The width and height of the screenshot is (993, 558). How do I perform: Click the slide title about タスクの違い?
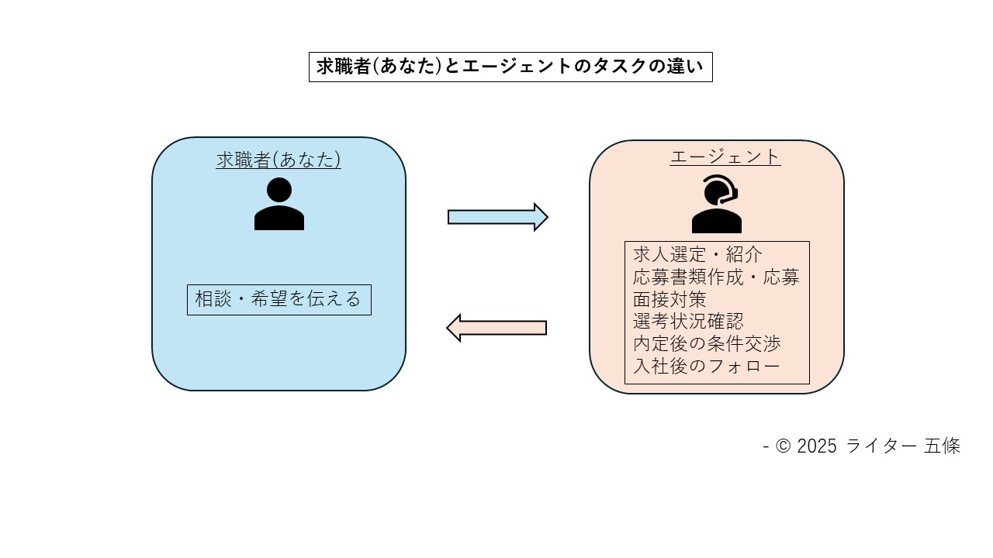pyautogui.click(x=510, y=67)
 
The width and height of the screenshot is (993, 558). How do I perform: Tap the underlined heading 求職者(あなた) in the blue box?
pyautogui.click(x=279, y=160)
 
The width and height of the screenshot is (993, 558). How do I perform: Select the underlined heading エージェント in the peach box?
pyautogui.click(x=725, y=157)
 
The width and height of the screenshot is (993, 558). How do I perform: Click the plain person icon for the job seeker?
pyautogui.click(x=279, y=205)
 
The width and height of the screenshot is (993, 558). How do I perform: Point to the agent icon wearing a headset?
pyautogui.click(x=716, y=205)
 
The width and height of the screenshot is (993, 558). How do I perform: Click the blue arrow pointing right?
pyautogui.click(x=497, y=217)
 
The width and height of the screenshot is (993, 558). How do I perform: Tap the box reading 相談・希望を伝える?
pyautogui.click(x=279, y=300)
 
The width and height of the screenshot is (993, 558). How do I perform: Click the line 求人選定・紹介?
pyautogui.click(x=687, y=255)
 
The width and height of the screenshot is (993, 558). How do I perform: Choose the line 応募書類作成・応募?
pyautogui.click(x=716, y=277)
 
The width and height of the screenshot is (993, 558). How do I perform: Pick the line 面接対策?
pyautogui.click(x=669, y=299)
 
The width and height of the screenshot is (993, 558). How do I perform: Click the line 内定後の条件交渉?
pyautogui.click(x=707, y=344)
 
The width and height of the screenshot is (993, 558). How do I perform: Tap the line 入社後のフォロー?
pyautogui.click(x=706, y=367)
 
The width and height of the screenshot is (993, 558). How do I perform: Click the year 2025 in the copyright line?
pyautogui.click(x=817, y=446)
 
